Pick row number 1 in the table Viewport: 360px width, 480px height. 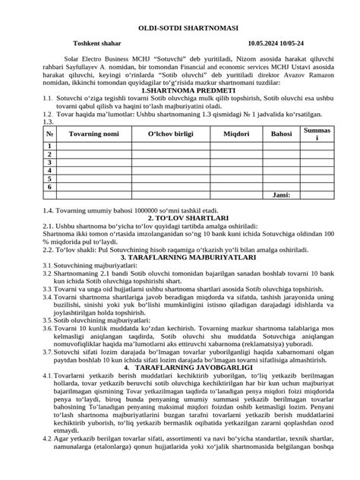coord(30,146)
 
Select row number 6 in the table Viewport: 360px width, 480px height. coord(30,186)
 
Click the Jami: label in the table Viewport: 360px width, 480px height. coord(281,195)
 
